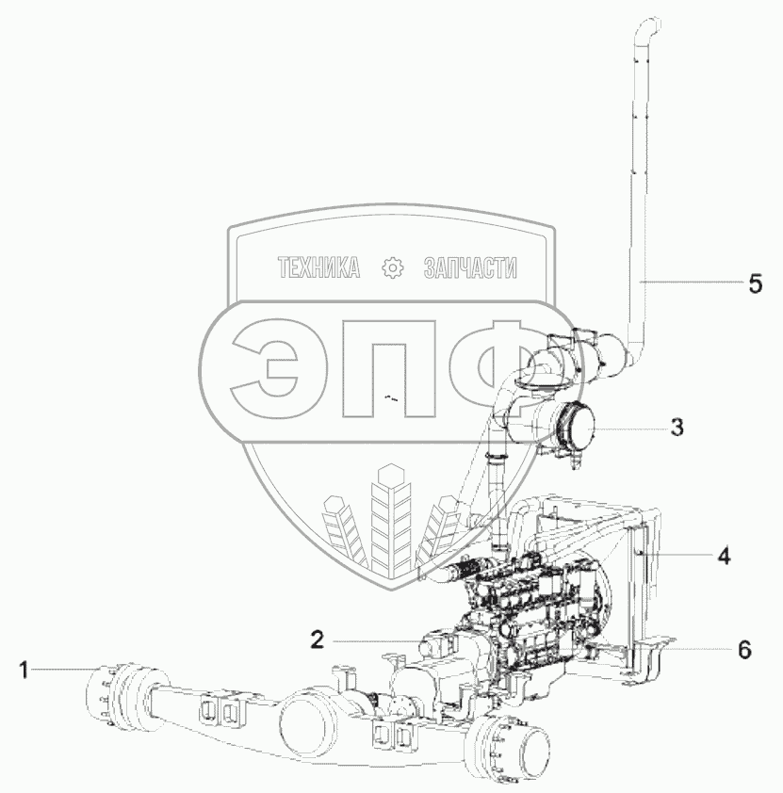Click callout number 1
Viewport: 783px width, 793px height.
(x=24, y=671)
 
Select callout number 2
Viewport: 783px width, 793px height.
(x=318, y=640)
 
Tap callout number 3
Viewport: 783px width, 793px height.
(x=677, y=428)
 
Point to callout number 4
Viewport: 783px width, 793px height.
(x=724, y=557)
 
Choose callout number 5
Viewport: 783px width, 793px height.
(x=755, y=283)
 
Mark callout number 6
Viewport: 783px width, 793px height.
(x=744, y=649)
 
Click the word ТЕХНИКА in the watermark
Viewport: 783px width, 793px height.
(x=318, y=267)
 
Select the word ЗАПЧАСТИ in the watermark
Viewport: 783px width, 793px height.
(x=470, y=267)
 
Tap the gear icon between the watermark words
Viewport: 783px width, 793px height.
(x=393, y=267)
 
